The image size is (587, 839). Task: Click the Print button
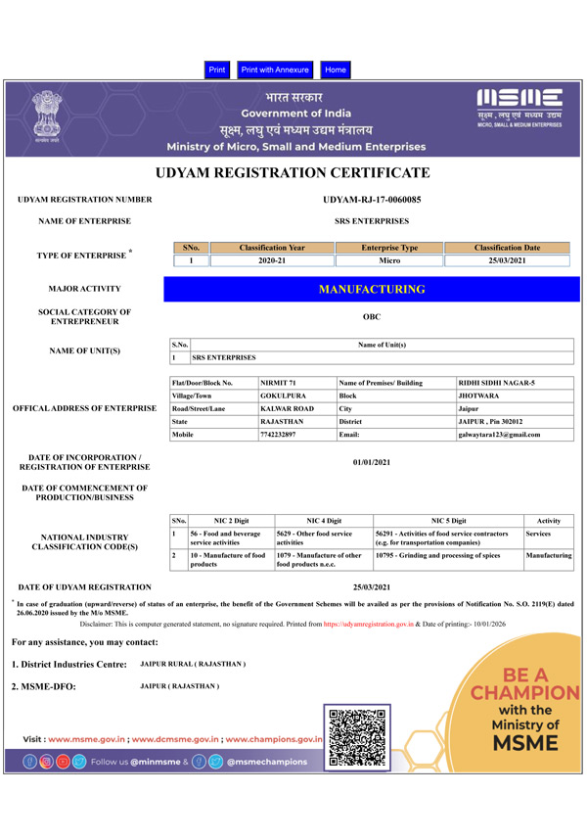[217, 70]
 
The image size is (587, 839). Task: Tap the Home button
[336, 70]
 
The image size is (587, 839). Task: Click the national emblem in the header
[45, 117]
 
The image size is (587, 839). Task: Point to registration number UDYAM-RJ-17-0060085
[372, 200]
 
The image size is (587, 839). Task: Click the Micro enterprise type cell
[389, 261]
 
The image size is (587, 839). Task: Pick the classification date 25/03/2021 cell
[507, 261]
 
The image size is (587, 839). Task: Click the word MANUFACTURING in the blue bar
[372, 290]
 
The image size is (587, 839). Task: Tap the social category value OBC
[372, 317]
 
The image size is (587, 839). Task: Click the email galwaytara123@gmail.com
[499, 434]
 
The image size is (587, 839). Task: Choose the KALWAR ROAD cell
[287, 407]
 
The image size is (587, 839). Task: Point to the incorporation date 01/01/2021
[372, 462]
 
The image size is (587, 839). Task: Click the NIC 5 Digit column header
[448, 520]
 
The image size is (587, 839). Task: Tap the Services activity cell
[539, 534]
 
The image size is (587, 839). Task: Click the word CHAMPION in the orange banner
[525, 694]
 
